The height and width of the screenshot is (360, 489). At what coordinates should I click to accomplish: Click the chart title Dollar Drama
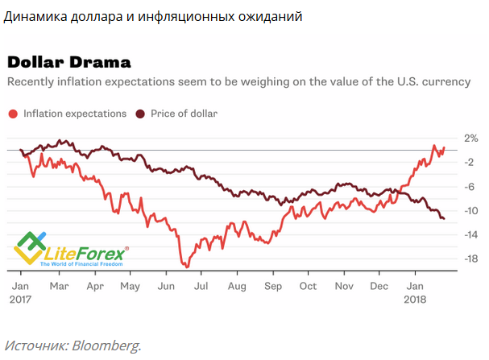[x=64, y=63]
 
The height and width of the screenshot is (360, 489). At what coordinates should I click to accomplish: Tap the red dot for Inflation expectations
[x=13, y=114]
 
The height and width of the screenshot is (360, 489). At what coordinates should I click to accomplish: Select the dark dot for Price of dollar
[x=141, y=114]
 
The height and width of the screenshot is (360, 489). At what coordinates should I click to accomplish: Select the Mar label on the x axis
[x=59, y=285]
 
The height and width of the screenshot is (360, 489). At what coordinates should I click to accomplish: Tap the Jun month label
[x=167, y=285]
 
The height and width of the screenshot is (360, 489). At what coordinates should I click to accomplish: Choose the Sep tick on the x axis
[x=273, y=285]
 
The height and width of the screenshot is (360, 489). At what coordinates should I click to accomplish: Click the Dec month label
[x=379, y=285]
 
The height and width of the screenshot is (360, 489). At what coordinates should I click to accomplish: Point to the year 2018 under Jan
[x=416, y=298]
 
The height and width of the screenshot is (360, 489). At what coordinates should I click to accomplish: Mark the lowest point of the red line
[x=186, y=266]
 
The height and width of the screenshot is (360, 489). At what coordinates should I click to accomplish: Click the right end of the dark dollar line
[x=444, y=218]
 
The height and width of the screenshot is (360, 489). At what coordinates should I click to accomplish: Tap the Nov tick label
[x=345, y=285]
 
